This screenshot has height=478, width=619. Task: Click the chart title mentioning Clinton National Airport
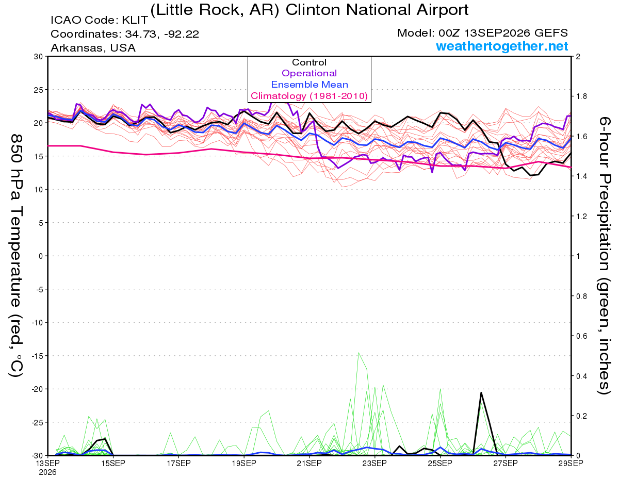click(x=309, y=10)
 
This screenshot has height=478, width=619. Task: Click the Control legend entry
click(x=309, y=62)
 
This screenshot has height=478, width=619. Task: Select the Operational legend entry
click(x=309, y=73)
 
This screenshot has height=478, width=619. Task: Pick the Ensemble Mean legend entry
click(x=309, y=85)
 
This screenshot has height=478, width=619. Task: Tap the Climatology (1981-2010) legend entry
click(x=309, y=96)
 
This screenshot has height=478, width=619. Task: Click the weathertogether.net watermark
click(x=502, y=46)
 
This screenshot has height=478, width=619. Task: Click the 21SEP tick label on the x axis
click(x=309, y=464)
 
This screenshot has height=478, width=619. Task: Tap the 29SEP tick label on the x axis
click(x=571, y=464)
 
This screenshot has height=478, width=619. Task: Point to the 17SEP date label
click(x=178, y=464)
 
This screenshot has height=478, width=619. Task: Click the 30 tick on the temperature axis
click(x=39, y=57)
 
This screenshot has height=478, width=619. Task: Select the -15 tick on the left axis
click(x=37, y=356)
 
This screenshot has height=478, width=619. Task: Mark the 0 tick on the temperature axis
click(x=41, y=256)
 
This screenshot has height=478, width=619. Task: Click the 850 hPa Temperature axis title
click(x=17, y=256)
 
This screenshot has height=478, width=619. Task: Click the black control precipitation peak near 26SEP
click(x=481, y=392)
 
